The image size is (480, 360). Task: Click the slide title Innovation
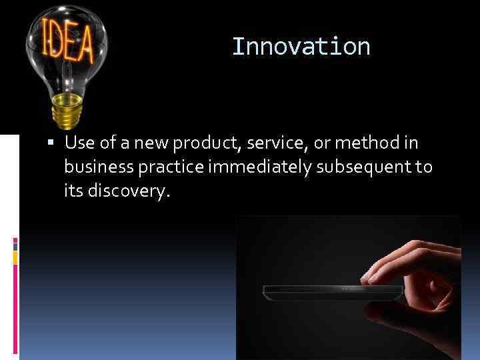(x=301, y=47)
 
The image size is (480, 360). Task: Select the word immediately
(x=257, y=167)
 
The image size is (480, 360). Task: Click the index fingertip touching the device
(x=367, y=279)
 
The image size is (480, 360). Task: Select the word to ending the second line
(x=424, y=167)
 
